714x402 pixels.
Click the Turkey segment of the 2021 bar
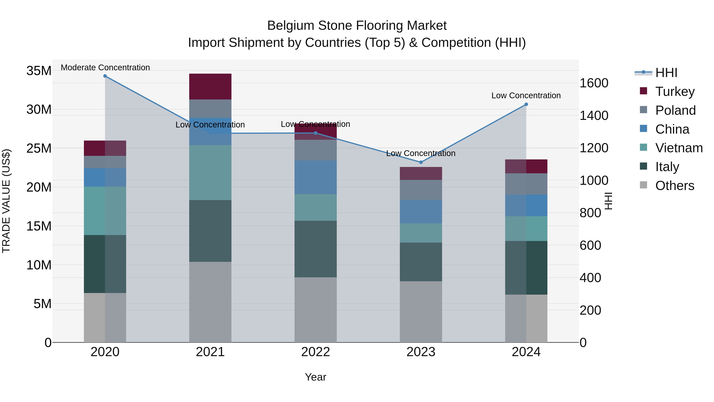pyautogui.click(x=210, y=86)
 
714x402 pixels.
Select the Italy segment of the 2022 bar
pyautogui.click(x=315, y=249)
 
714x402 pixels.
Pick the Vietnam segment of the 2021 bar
pyautogui.click(x=210, y=172)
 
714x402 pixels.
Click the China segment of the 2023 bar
pyautogui.click(x=421, y=211)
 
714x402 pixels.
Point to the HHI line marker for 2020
pyautogui.click(x=105, y=76)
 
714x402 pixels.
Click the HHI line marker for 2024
pyautogui.click(x=526, y=104)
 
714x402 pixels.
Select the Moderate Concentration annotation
pyautogui.click(x=105, y=67)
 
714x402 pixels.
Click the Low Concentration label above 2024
pyautogui.click(x=526, y=95)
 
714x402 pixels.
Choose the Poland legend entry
pyautogui.click(x=675, y=110)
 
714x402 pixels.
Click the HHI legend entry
pyautogui.click(x=666, y=73)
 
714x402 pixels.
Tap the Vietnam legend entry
pyautogui.click(x=679, y=148)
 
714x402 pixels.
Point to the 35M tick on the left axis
pyautogui.click(x=39, y=71)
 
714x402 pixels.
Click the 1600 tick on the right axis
pyautogui.click(x=594, y=83)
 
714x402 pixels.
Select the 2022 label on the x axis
pyautogui.click(x=315, y=352)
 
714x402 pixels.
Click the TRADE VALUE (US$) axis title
pyautogui.click(x=6, y=201)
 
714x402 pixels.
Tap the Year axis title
pyautogui.click(x=315, y=377)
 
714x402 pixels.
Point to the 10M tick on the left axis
pyautogui.click(x=39, y=265)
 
